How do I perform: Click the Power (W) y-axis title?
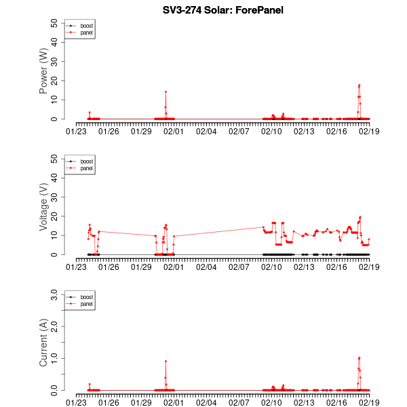44,71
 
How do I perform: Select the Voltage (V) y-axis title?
44,207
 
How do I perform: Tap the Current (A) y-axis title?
44,343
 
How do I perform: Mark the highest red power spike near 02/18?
360,85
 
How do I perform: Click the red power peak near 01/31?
166,92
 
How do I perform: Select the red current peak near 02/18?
360,357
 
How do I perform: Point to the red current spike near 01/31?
166,361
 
